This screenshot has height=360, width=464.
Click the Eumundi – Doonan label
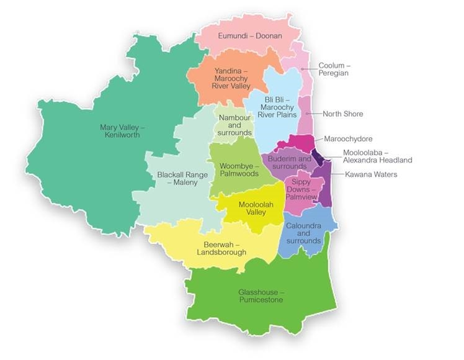[244, 36]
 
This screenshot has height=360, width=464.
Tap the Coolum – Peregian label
[333, 69]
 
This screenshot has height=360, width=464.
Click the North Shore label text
[343, 114]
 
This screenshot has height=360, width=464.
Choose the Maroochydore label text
[348, 138]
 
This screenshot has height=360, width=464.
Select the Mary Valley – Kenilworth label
[122, 131]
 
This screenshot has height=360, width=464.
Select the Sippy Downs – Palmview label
[303, 188]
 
